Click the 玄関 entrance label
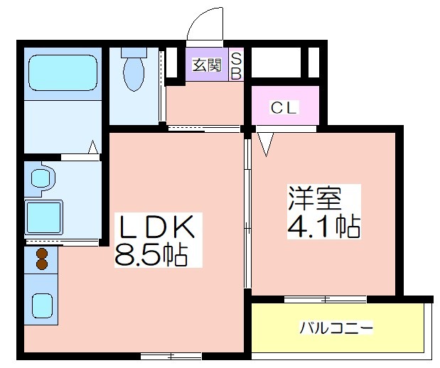pyautogui.click(x=207, y=65)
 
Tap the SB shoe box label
pyautogui.click(x=236, y=66)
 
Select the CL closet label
pyautogui.click(x=284, y=107)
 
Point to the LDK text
pyautogui.click(x=157, y=227)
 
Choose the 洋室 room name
pyautogui.click(x=315, y=198)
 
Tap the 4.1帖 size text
pyautogui.click(x=324, y=226)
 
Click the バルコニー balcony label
pyautogui.click(x=336, y=328)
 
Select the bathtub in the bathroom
pyautogui.click(x=63, y=72)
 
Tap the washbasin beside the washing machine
pyautogui.click(x=41, y=178)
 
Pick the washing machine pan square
pyautogui.click(x=43, y=217)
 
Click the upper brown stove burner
pyautogui.click(x=41, y=254)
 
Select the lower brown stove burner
pyautogui.click(x=41, y=264)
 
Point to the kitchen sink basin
pyautogui.click(x=42, y=305)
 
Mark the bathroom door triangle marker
pyautogui.click(x=93, y=147)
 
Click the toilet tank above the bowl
pyautogui.click(x=134, y=53)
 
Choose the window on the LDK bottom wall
pyautogui.click(x=171, y=356)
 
